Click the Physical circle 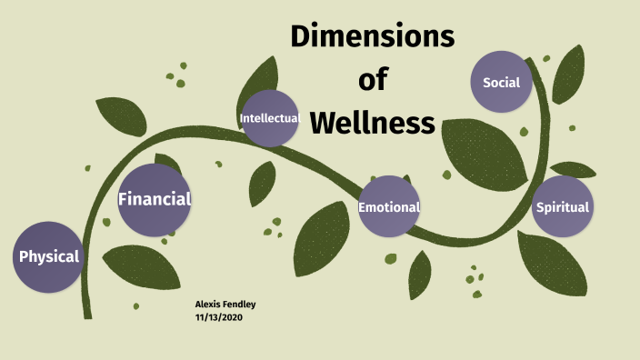[49, 256]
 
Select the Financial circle [155, 199]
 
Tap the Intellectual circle [270, 118]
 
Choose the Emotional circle [389, 206]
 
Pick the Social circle [501, 83]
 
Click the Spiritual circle [562, 206]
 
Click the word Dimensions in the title [372, 38]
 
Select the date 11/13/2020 [219, 317]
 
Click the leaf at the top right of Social [569, 73]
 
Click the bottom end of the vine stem [87, 314]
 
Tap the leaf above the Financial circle [122, 115]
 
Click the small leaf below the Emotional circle [419, 275]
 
